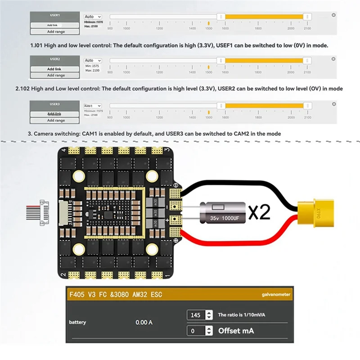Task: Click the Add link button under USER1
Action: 52,25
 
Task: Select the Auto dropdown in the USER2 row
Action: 93,60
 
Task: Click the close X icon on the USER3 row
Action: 333,103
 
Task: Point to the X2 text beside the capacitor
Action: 259,212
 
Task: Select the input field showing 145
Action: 196,315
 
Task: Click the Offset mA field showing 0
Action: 196,331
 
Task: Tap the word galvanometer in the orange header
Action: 276,295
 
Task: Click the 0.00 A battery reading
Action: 144,323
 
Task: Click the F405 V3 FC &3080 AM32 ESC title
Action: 115,295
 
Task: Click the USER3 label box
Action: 54,104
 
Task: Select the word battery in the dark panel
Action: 77,322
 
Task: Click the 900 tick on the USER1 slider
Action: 110,28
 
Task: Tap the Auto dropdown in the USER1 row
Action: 93,17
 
